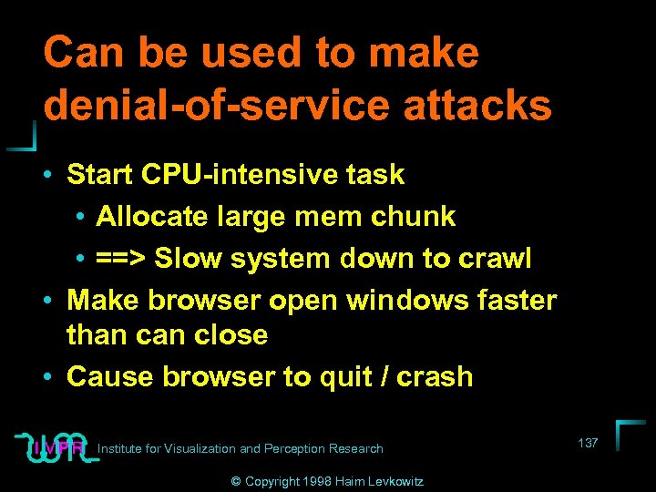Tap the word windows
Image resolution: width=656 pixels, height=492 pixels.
[413, 300]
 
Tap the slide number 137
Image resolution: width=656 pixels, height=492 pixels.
[588, 443]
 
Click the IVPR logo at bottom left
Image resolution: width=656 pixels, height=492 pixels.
[56, 446]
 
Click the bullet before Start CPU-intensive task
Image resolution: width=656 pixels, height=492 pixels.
[55, 174]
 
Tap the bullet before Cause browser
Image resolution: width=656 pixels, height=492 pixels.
[55, 377]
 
